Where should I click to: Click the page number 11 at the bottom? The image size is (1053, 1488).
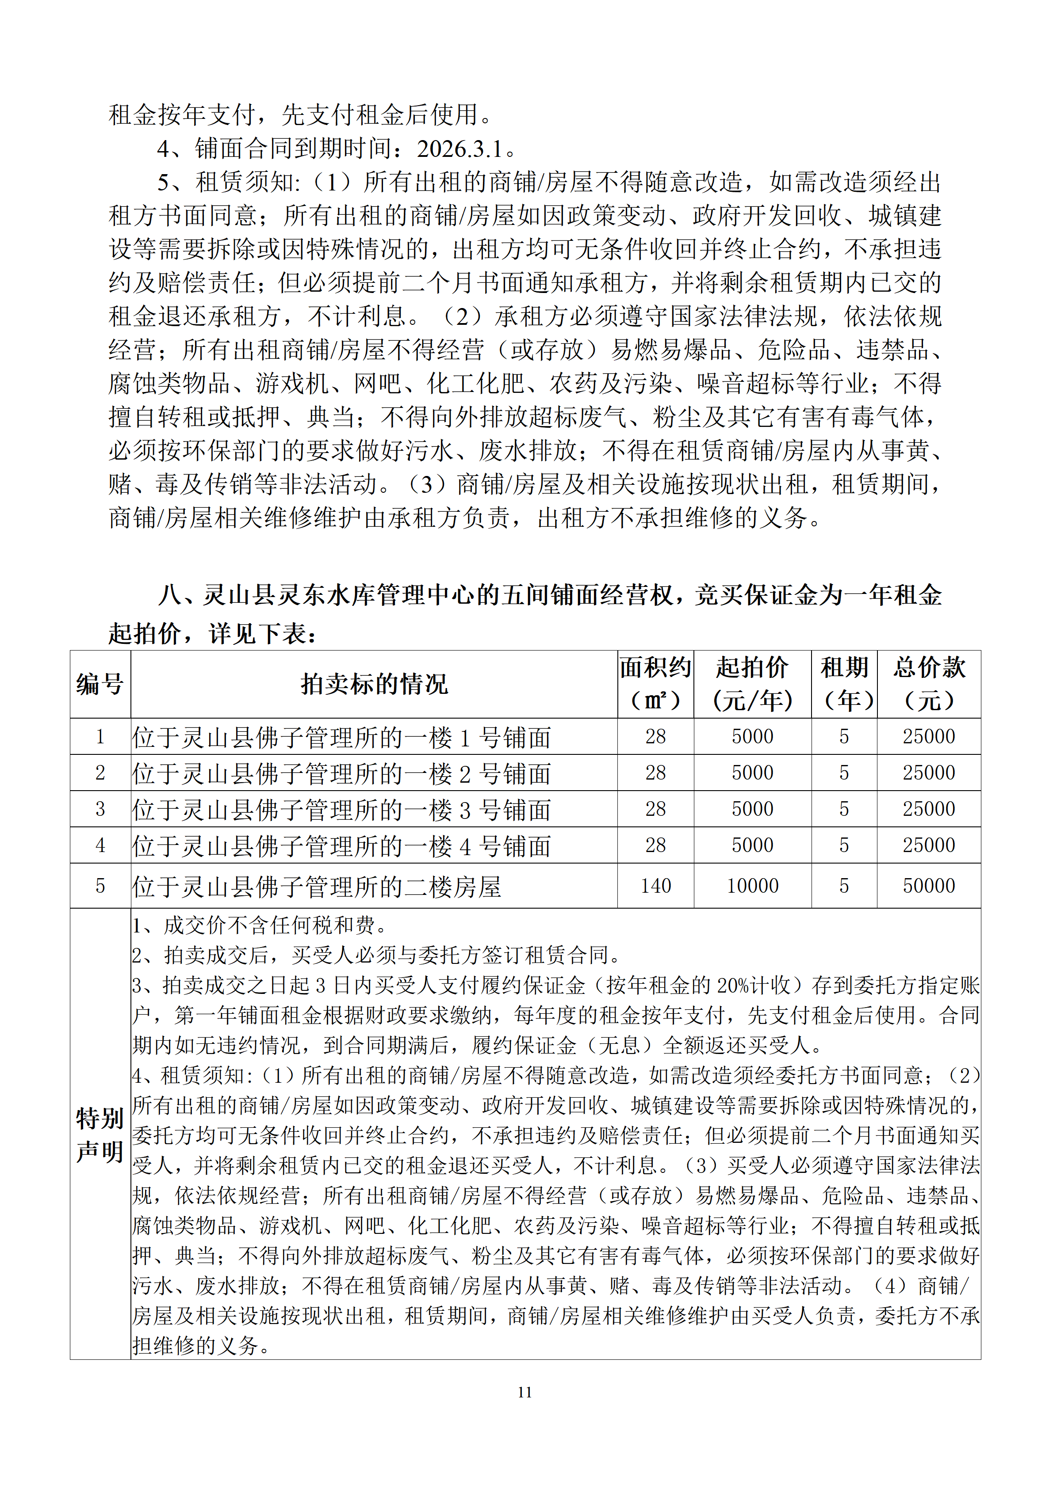coord(525,1391)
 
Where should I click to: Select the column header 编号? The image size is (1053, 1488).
coord(100,684)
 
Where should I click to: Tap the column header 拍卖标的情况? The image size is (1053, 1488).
coord(374,684)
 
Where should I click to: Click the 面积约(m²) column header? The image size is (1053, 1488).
coord(655,684)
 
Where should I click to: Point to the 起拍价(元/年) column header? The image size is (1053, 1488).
coord(752,684)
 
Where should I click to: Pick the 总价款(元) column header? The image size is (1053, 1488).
coord(929,684)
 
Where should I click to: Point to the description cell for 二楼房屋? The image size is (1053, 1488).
coord(317,887)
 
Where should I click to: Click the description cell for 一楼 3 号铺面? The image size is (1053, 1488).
coord(342,810)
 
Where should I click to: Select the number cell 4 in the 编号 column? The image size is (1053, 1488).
coord(100,845)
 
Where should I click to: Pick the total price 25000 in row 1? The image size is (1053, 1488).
coord(929,736)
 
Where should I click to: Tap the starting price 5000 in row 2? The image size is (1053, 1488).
coord(752,773)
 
